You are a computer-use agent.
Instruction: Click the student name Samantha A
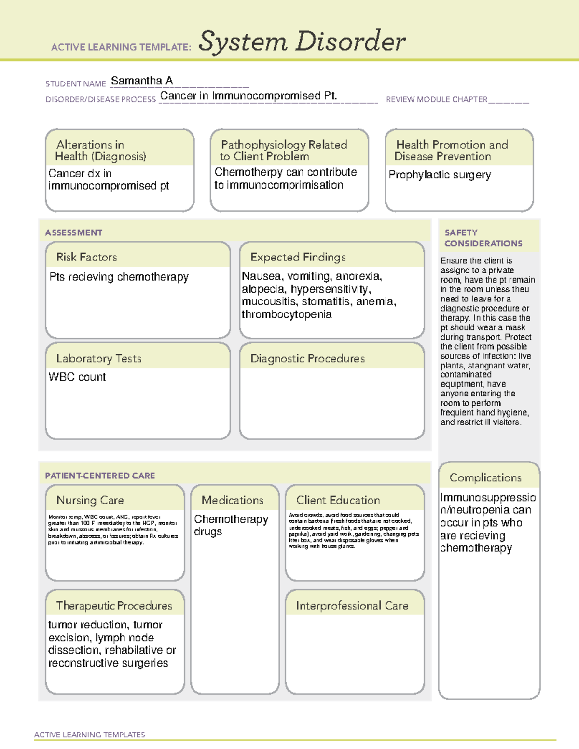[141, 81]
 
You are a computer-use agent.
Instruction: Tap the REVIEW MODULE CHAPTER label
[436, 99]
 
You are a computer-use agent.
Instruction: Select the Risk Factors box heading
[86, 257]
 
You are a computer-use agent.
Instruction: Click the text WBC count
[77, 377]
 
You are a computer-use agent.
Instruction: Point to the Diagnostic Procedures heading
[307, 358]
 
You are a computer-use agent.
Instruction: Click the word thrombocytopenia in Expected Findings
[287, 314]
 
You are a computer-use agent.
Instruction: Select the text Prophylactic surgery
[440, 175]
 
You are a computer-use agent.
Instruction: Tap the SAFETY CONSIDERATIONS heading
[483, 238]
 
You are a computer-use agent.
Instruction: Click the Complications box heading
[485, 477]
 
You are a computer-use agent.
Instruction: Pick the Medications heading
[232, 500]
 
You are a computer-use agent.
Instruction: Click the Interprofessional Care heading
[352, 606]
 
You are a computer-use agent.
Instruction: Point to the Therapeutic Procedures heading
[114, 606]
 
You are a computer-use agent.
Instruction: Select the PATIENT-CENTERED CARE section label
[100, 476]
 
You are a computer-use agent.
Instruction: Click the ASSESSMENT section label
[74, 232]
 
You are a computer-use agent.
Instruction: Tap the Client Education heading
[338, 500]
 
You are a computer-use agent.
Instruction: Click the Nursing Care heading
[90, 500]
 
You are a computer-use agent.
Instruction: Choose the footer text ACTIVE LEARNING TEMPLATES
[89, 735]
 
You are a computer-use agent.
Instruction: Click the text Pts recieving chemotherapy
[119, 277]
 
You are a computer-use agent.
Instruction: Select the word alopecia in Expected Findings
[263, 289]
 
